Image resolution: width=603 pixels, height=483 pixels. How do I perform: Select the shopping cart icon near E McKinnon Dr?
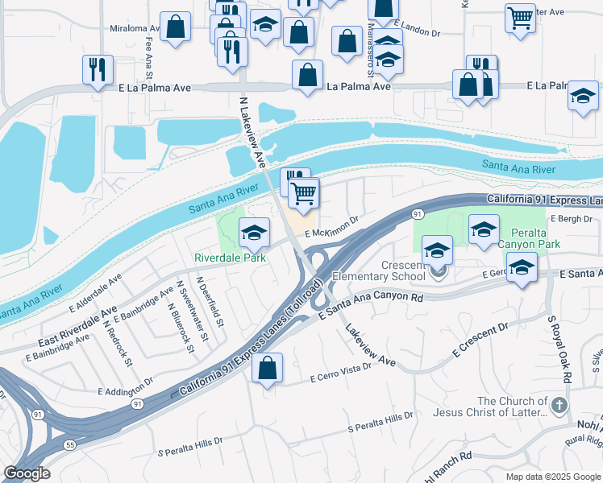(304, 192)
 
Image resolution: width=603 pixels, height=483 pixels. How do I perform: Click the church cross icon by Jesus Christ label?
(559, 405)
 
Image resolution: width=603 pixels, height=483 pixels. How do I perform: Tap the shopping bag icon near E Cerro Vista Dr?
(267, 368)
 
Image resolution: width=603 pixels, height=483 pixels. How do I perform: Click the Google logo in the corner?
(27, 473)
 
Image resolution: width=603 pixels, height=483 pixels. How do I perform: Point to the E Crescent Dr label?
(480, 339)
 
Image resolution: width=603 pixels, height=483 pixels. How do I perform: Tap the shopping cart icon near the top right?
(521, 16)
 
